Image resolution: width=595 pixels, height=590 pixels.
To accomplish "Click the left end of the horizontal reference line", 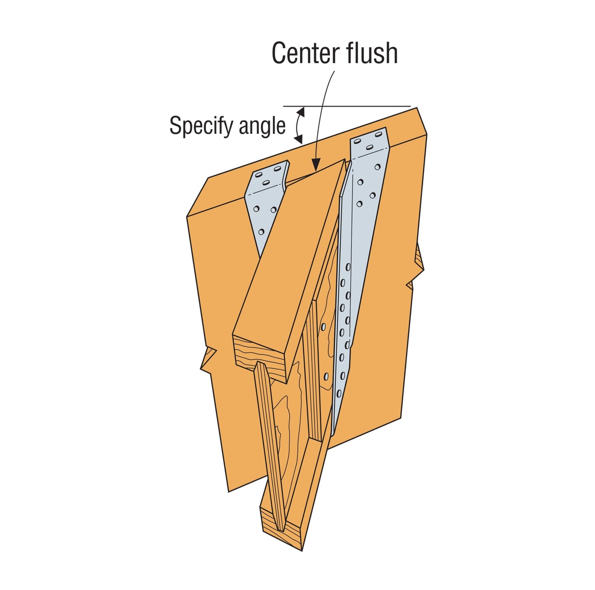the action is [283, 106].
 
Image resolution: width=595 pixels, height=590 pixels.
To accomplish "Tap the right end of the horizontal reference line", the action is [411, 106].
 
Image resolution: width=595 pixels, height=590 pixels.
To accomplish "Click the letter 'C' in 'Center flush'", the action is [281, 54].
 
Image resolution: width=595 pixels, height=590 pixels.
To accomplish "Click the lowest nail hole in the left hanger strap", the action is [261, 232].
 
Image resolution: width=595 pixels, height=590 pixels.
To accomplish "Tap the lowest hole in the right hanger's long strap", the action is [338, 393].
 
